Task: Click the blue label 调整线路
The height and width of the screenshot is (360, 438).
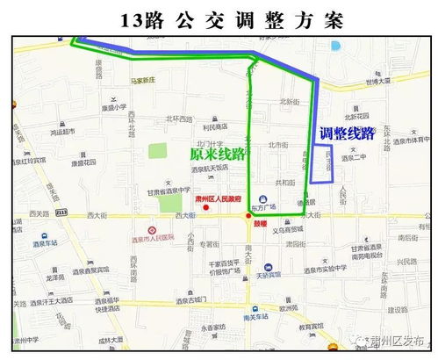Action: click(347, 133)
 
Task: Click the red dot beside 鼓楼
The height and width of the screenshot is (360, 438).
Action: click(248, 215)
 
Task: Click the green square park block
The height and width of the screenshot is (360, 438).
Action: click(157, 150)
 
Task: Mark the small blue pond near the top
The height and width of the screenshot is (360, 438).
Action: click(334, 46)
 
